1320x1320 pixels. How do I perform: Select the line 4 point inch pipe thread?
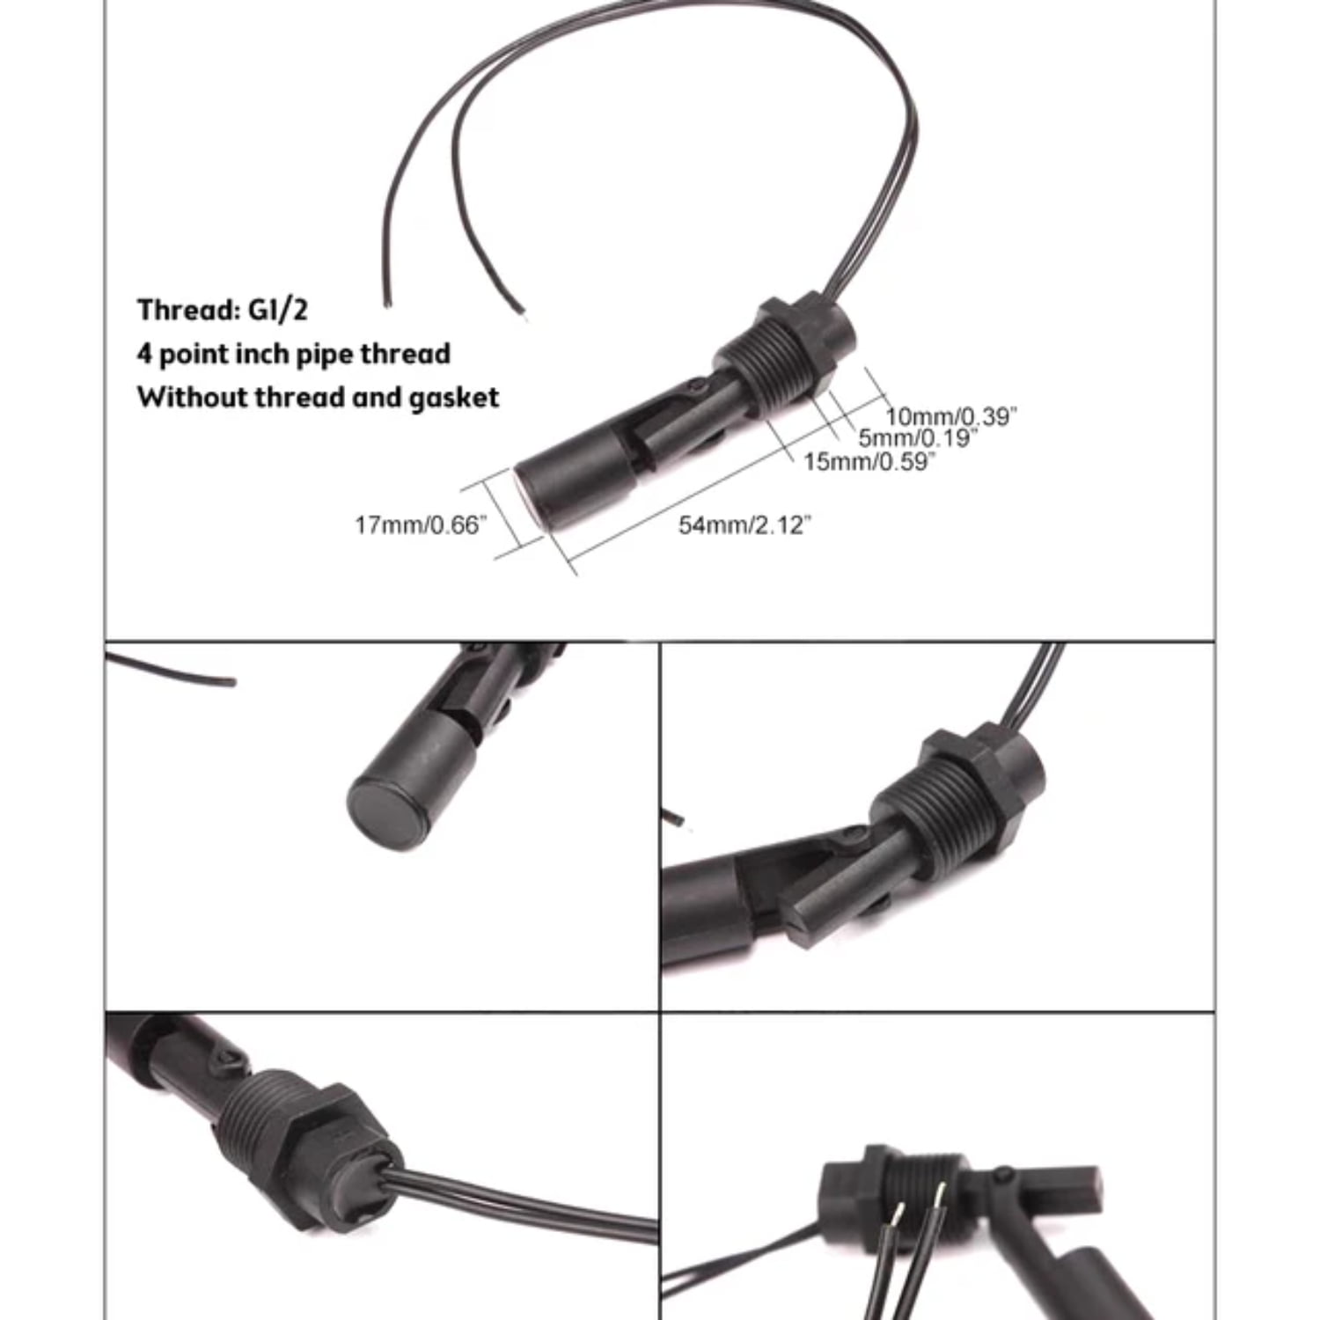click(293, 354)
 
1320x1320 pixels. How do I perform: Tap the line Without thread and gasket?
click(318, 398)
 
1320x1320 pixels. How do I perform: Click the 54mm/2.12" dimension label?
click(744, 525)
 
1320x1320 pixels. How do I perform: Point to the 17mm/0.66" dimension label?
click(421, 525)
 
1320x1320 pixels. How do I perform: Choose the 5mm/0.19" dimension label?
click(918, 437)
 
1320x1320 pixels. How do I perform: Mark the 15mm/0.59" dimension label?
click(869, 461)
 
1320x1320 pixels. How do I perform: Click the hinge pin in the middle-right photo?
click(851, 833)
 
